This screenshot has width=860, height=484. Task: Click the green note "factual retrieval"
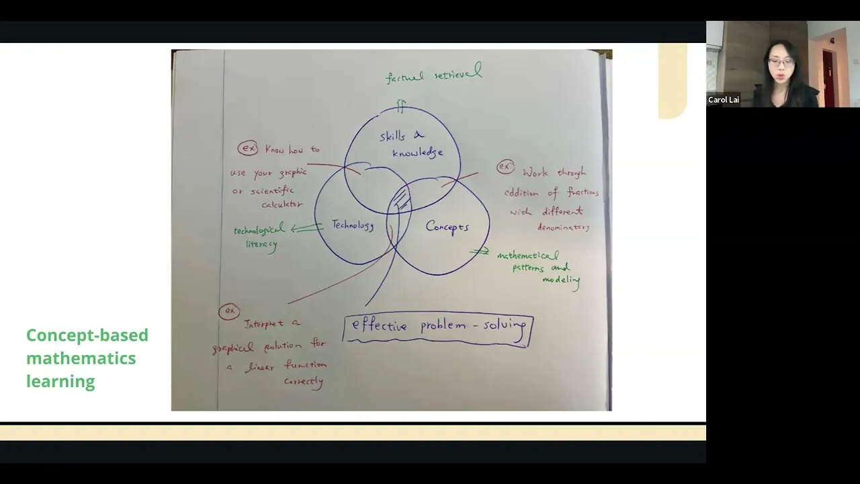434,74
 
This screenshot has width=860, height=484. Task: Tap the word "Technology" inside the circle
352,225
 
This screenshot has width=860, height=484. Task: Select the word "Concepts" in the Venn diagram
447,227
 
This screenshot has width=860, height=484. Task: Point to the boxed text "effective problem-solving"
438,327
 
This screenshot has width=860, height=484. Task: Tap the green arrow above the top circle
401,106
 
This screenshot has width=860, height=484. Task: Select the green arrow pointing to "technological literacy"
306,228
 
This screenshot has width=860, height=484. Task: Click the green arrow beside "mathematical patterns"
480,251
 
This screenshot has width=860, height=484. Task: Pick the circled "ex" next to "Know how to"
248,149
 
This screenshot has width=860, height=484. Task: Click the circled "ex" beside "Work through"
505,167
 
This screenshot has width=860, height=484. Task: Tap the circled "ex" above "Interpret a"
230,311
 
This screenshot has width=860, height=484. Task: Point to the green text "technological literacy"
259,237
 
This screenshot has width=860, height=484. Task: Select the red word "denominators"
563,227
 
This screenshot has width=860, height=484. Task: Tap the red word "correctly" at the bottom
304,381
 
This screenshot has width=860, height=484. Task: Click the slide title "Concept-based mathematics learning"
87,358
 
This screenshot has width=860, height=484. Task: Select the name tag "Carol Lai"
724,100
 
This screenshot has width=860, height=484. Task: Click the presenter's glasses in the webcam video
781,63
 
